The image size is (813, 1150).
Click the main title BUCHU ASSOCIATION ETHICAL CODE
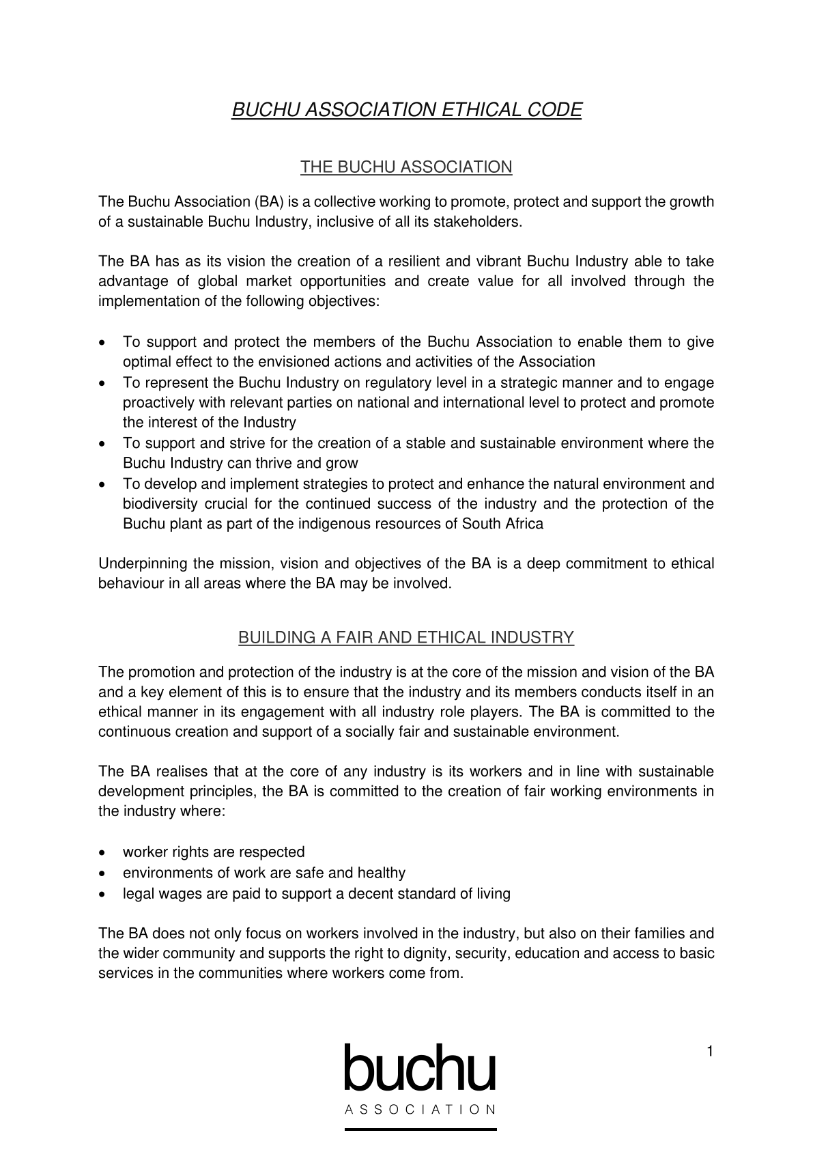click(406, 110)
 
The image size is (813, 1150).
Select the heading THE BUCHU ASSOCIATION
click(406, 167)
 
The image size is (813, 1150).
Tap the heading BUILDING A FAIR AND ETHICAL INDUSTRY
click(406, 638)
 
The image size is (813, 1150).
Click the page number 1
click(710, 1052)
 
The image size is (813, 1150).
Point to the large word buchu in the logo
click(420, 1068)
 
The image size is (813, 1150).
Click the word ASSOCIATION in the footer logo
click(420, 1110)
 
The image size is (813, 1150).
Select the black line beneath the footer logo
click(420, 1130)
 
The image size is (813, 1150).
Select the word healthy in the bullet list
click(381, 873)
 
